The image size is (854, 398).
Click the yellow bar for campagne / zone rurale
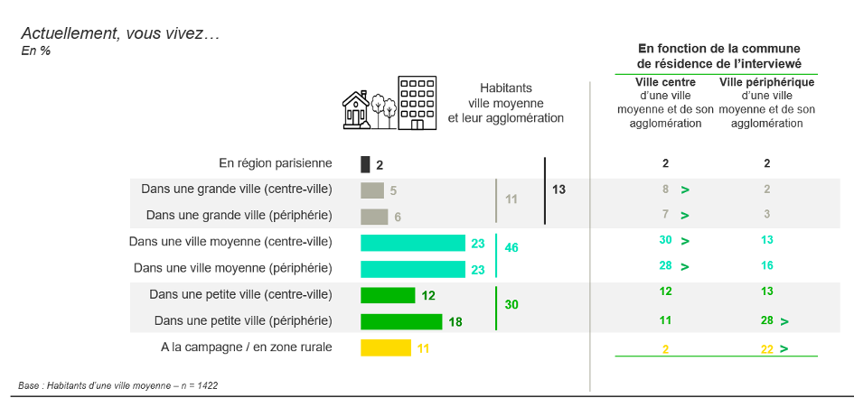pyautogui.click(x=386, y=348)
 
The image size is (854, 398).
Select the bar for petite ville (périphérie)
pyautogui.click(x=401, y=321)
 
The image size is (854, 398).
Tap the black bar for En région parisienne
pyautogui.click(x=365, y=165)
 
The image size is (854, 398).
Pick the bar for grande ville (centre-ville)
pyautogui.click(x=372, y=190)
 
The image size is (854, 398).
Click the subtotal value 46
pyautogui.click(x=511, y=248)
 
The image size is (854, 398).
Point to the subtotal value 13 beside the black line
pyautogui.click(x=558, y=190)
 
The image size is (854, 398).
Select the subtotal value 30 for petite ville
pyautogui.click(x=511, y=305)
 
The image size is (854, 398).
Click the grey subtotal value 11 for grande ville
pyautogui.click(x=511, y=199)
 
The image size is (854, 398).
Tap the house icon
pyautogui.click(x=356, y=110)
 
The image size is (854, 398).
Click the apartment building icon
pyautogui.click(x=418, y=103)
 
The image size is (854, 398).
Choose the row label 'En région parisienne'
pyautogui.click(x=276, y=162)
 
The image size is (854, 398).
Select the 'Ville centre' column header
pyautogui.click(x=665, y=83)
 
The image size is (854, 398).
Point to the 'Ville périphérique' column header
pyautogui.click(x=767, y=83)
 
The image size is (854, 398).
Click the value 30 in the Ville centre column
pyautogui.click(x=665, y=240)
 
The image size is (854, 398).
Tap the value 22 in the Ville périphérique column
pyautogui.click(x=767, y=349)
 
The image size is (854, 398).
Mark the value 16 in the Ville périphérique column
pyautogui.click(x=767, y=266)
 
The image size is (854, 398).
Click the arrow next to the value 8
pyautogui.click(x=685, y=190)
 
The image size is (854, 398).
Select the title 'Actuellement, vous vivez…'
pyautogui.click(x=120, y=34)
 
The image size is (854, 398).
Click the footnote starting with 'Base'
pyautogui.click(x=118, y=385)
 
